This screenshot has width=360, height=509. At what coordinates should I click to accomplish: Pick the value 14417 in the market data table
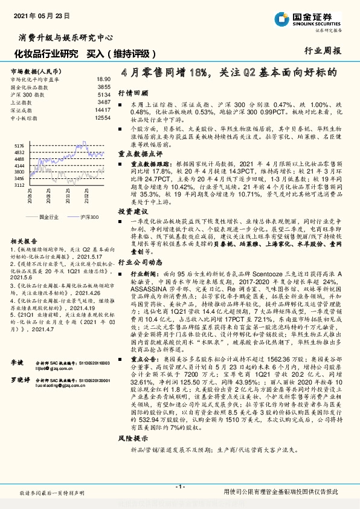click(x=103, y=110)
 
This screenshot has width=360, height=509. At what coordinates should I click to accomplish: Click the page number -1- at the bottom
click(x=179, y=487)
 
